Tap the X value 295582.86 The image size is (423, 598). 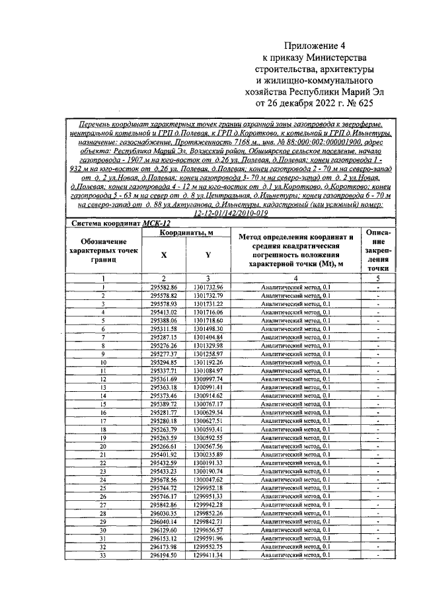[164, 287]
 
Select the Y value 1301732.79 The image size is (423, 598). [209, 295]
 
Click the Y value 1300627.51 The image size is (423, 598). [209, 422]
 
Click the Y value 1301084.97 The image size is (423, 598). [209, 371]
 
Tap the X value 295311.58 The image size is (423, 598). [164, 329]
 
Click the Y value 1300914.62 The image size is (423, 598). [209, 396]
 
